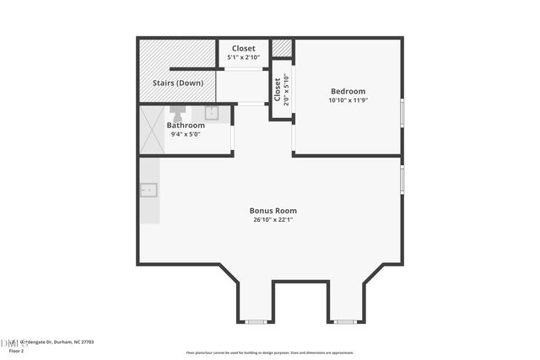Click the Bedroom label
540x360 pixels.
click(348, 91)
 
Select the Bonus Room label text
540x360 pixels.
click(273, 210)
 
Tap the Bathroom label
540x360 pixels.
click(186, 125)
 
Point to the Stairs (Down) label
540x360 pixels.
click(177, 83)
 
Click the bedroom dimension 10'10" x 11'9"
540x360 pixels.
click(348, 100)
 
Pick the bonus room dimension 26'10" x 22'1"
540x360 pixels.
click(273, 219)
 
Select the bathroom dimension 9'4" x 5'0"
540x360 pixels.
click(186, 134)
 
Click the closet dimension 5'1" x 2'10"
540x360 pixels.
click(244, 58)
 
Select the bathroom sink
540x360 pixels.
click(211, 111)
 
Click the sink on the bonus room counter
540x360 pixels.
click(149, 190)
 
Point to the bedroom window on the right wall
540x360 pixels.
click(402, 111)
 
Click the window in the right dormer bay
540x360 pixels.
click(343, 321)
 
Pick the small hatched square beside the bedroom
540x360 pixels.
click(282, 48)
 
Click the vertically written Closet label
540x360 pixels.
click(277, 89)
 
